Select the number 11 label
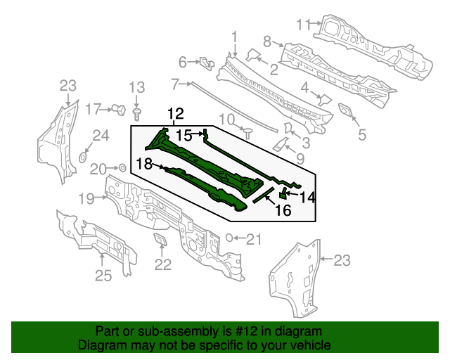303,24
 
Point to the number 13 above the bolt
136,88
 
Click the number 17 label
94,109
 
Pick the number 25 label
103,276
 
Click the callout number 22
163,264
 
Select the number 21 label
253,239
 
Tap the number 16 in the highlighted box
282,210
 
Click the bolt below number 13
137,112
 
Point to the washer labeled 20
122,168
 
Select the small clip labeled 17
119,109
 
